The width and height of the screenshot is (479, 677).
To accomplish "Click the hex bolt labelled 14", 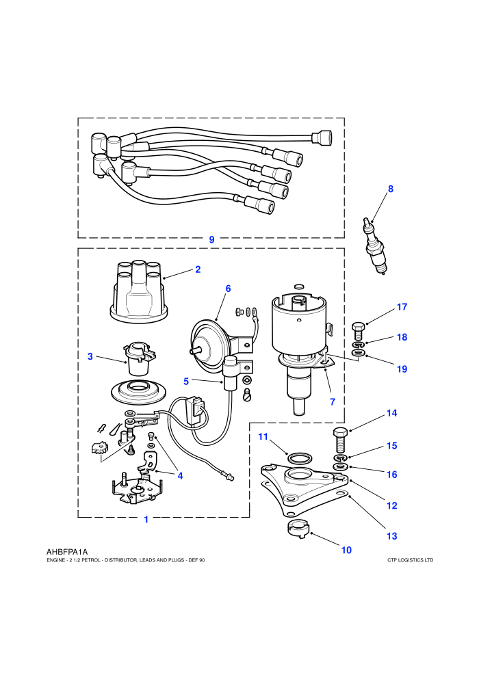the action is tap(340, 438).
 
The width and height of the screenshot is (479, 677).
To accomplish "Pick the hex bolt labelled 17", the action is tap(358, 331).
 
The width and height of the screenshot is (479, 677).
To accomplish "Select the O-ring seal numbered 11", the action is tap(299, 457).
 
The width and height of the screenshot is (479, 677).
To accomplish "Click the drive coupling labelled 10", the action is tap(299, 529).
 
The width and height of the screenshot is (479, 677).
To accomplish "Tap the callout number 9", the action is tap(211, 239).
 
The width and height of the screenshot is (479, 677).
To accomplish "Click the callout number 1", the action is tap(146, 520).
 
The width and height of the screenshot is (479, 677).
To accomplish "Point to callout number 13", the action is tap(391, 536).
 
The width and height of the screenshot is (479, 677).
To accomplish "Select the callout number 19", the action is tap(402, 369).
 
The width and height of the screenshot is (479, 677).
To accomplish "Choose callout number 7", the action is tap(333, 402).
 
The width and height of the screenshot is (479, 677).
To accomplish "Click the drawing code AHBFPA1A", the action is tap(67, 552).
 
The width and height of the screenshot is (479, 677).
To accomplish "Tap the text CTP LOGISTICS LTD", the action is tap(411, 561).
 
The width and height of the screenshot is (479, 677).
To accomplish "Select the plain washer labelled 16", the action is tap(341, 467).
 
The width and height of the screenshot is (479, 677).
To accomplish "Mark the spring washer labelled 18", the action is tap(358, 345).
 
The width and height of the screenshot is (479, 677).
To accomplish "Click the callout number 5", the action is tap(186, 382).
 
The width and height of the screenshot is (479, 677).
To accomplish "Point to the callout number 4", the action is tap(180, 476).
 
